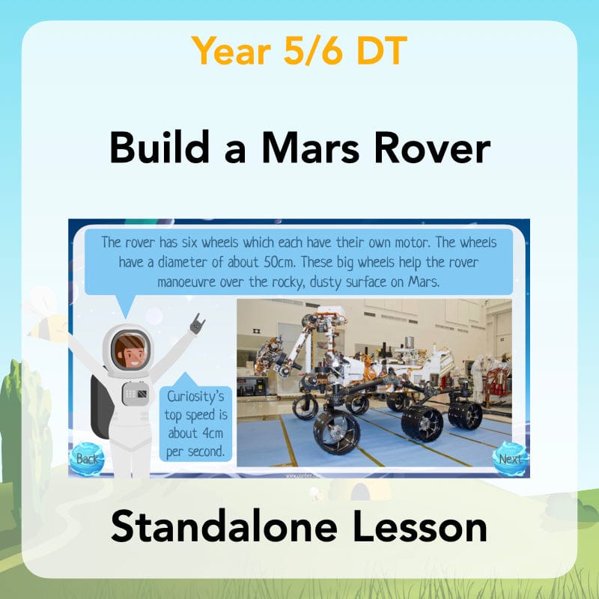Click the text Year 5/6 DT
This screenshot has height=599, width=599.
(x=299, y=50)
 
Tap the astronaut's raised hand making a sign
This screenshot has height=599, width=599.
(x=198, y=324)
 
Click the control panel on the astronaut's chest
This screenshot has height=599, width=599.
(x=135, y=392)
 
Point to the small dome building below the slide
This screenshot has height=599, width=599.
(x=360, y=490)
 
